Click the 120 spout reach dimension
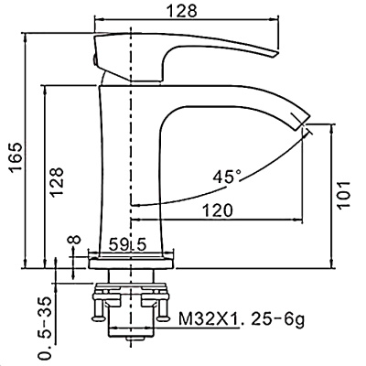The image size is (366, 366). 216,210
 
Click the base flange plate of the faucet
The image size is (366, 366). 134,263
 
